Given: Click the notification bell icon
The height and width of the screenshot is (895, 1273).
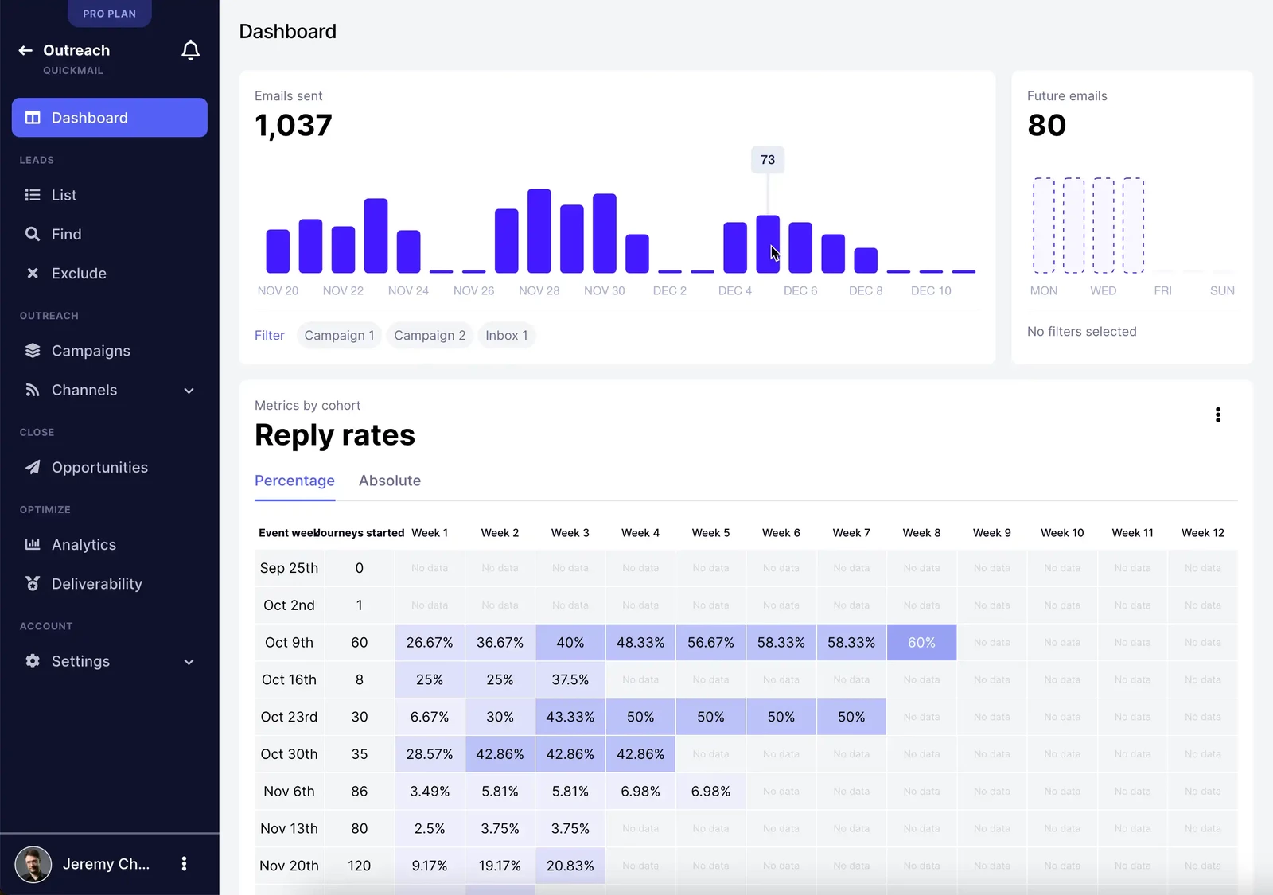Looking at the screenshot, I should tap(190, 51).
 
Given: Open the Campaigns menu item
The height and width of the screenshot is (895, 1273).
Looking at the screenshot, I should tap(90, 351).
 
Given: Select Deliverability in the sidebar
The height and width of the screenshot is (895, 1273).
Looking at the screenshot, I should tap(96, 584).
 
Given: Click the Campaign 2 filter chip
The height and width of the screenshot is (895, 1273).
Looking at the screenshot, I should tap(430, 336).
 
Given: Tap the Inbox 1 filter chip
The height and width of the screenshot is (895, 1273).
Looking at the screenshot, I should tap(506, 336).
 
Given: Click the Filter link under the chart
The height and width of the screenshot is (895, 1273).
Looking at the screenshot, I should tap(269, 336).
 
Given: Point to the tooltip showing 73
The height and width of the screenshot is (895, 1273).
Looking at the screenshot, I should tap(767, 160).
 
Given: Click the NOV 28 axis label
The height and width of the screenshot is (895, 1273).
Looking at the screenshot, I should tap(539, 291).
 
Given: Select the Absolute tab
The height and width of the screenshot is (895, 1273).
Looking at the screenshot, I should tap(389, 481).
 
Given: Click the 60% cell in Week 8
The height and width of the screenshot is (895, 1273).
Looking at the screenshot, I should tap(921, 643).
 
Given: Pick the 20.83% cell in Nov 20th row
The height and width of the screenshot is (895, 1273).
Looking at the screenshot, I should tap(570, 866).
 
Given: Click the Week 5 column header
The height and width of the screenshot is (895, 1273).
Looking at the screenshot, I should tap(710, 533).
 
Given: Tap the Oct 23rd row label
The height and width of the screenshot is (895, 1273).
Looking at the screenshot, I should tap(289, 717).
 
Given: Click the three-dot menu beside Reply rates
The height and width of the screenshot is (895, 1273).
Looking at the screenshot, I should tap(1217, 414).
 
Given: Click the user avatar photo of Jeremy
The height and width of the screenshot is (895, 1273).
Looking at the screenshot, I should tap(33, 864).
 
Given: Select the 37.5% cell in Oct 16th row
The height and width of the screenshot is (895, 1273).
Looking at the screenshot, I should tap(570, 680).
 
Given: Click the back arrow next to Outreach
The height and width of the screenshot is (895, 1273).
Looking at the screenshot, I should tap(25, 50).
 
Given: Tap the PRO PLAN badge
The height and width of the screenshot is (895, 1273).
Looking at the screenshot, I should tap(109, 14).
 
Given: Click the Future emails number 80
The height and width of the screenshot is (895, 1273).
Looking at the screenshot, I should tap(1046, 126).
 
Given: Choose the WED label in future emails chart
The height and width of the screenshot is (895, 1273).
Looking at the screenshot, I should tap(1103, 291).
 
